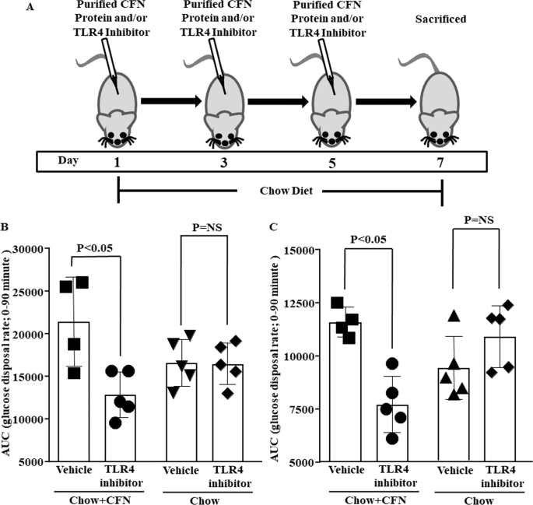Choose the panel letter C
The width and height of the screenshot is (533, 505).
click(x=271, y=227)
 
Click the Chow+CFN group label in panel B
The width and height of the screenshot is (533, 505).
click(x=95, y=497)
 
